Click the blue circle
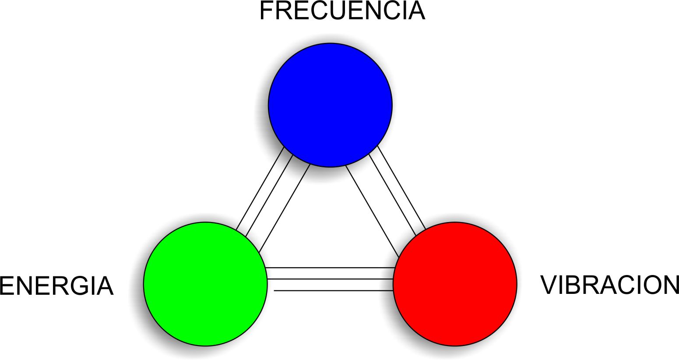click(x=330, y=105)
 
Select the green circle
click(x=205, y=284)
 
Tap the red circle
click(x=455, y=284)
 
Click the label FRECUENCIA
click(x=342, y=11)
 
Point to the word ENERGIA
click(x=56, y=286)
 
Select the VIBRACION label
click(x=609, y=285)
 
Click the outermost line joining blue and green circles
click(x=260, y=189)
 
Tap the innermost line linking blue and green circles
click(x=285, y=208)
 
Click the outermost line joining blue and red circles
click(x=401, y=187)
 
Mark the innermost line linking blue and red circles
click(x=372, y=211)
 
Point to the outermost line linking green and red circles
click(x=333, y=290)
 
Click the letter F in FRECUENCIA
click(x=267, y=11)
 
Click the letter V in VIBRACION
click(x=549, y=285)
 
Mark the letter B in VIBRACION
click(x=572, y=285)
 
